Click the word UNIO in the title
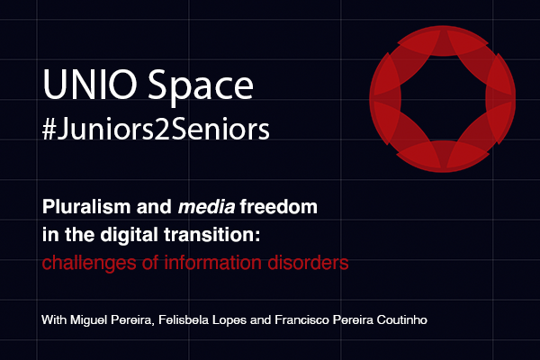tap(90, 85)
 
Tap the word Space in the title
tap(201, 87)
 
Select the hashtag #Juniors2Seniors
tap(156, 130)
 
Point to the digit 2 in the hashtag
tap(162, 130)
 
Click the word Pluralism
tap(86, 207)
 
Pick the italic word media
tap(207, 207)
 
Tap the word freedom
tap(279, 207)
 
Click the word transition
tap(211, 235)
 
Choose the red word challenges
tap(89, 263)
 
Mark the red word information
tap(212, 263)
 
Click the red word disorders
tap(308, 263)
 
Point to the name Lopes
tap(229, 320)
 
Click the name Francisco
tap(301, 320)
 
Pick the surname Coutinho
tap(402, 320)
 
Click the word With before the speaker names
tap(54, 320)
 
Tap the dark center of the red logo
tap(443, 98)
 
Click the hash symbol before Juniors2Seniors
tap(49, 130)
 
